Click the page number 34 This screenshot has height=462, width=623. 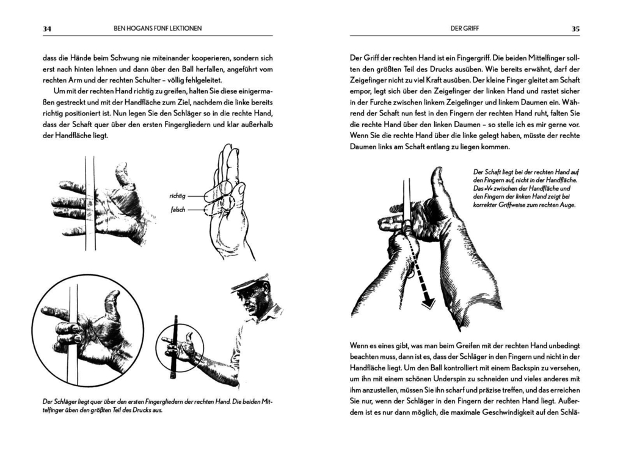coord(46,28)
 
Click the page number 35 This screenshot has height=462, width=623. coord(575,28)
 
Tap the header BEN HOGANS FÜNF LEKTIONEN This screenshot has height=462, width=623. coord(158,28)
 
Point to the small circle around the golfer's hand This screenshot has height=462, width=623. coord(179,347)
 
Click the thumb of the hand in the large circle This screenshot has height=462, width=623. coord(112,302)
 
